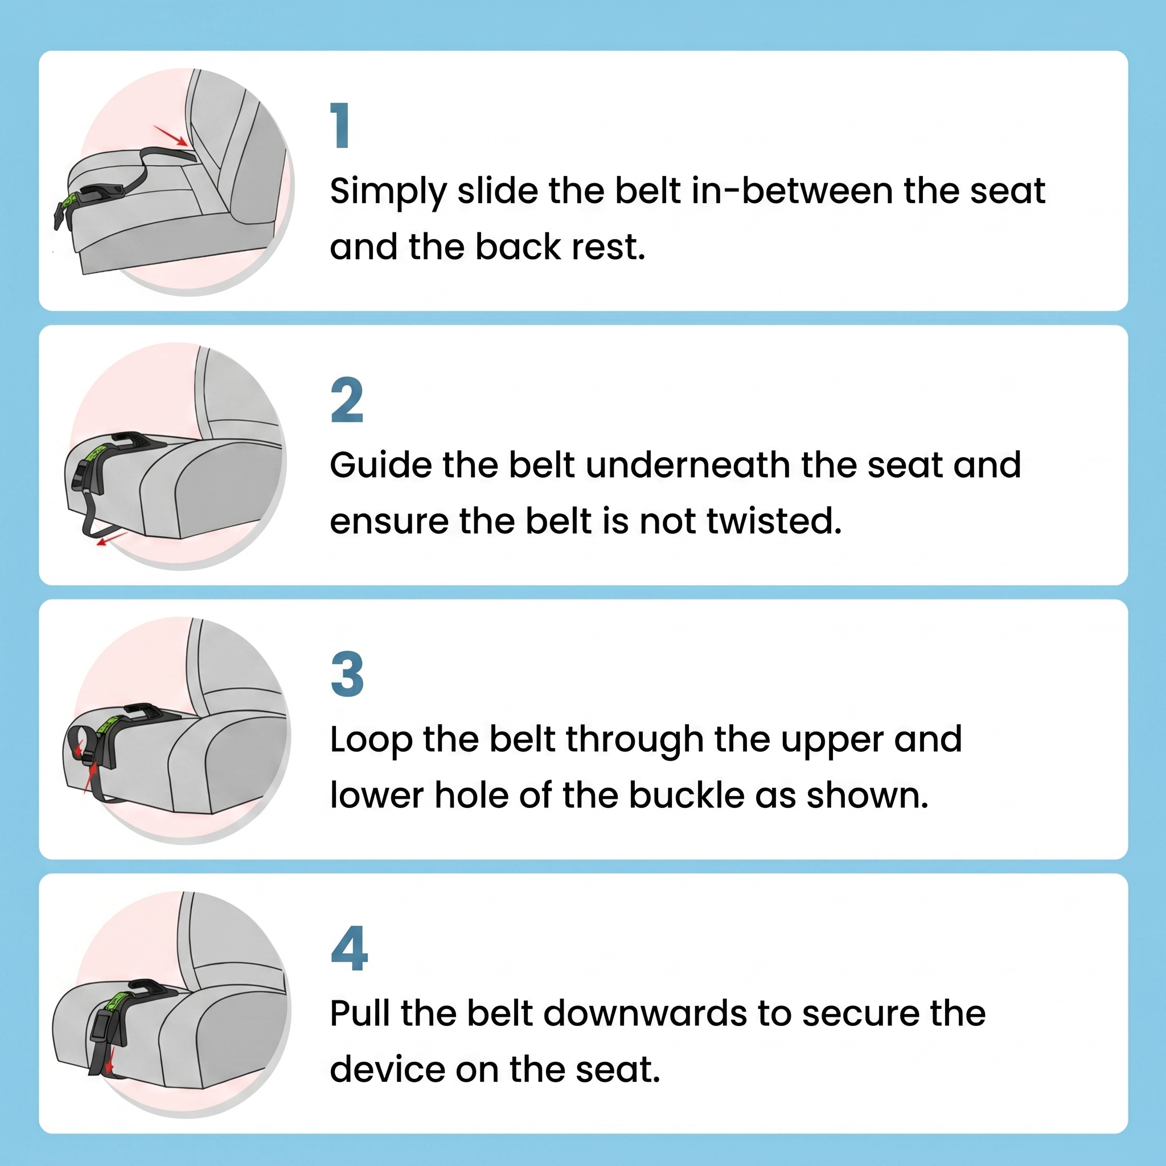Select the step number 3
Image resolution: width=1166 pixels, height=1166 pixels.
[348, 674]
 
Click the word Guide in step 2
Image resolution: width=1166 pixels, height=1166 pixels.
[381, 465]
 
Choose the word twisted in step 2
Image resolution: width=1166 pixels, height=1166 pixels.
[774, 521]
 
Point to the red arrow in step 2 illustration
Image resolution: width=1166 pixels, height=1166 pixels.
[112, 539]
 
